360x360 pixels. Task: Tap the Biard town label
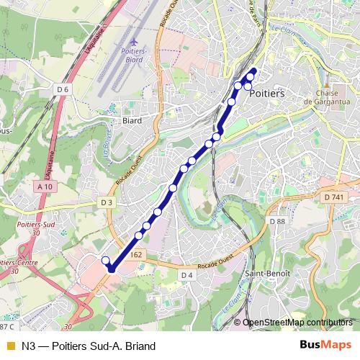click(133, 121)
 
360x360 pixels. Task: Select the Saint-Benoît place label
click(267, 274)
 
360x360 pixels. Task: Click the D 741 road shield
click(334, 197)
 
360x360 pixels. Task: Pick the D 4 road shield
click(187, 275)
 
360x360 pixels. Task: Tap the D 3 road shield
click(107, 203)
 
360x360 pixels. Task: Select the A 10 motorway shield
click(45, 187)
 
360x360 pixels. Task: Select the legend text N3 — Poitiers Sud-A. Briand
click(89, 346)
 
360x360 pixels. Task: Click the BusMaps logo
click(325, 346)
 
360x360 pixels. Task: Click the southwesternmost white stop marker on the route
click(105, 261)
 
